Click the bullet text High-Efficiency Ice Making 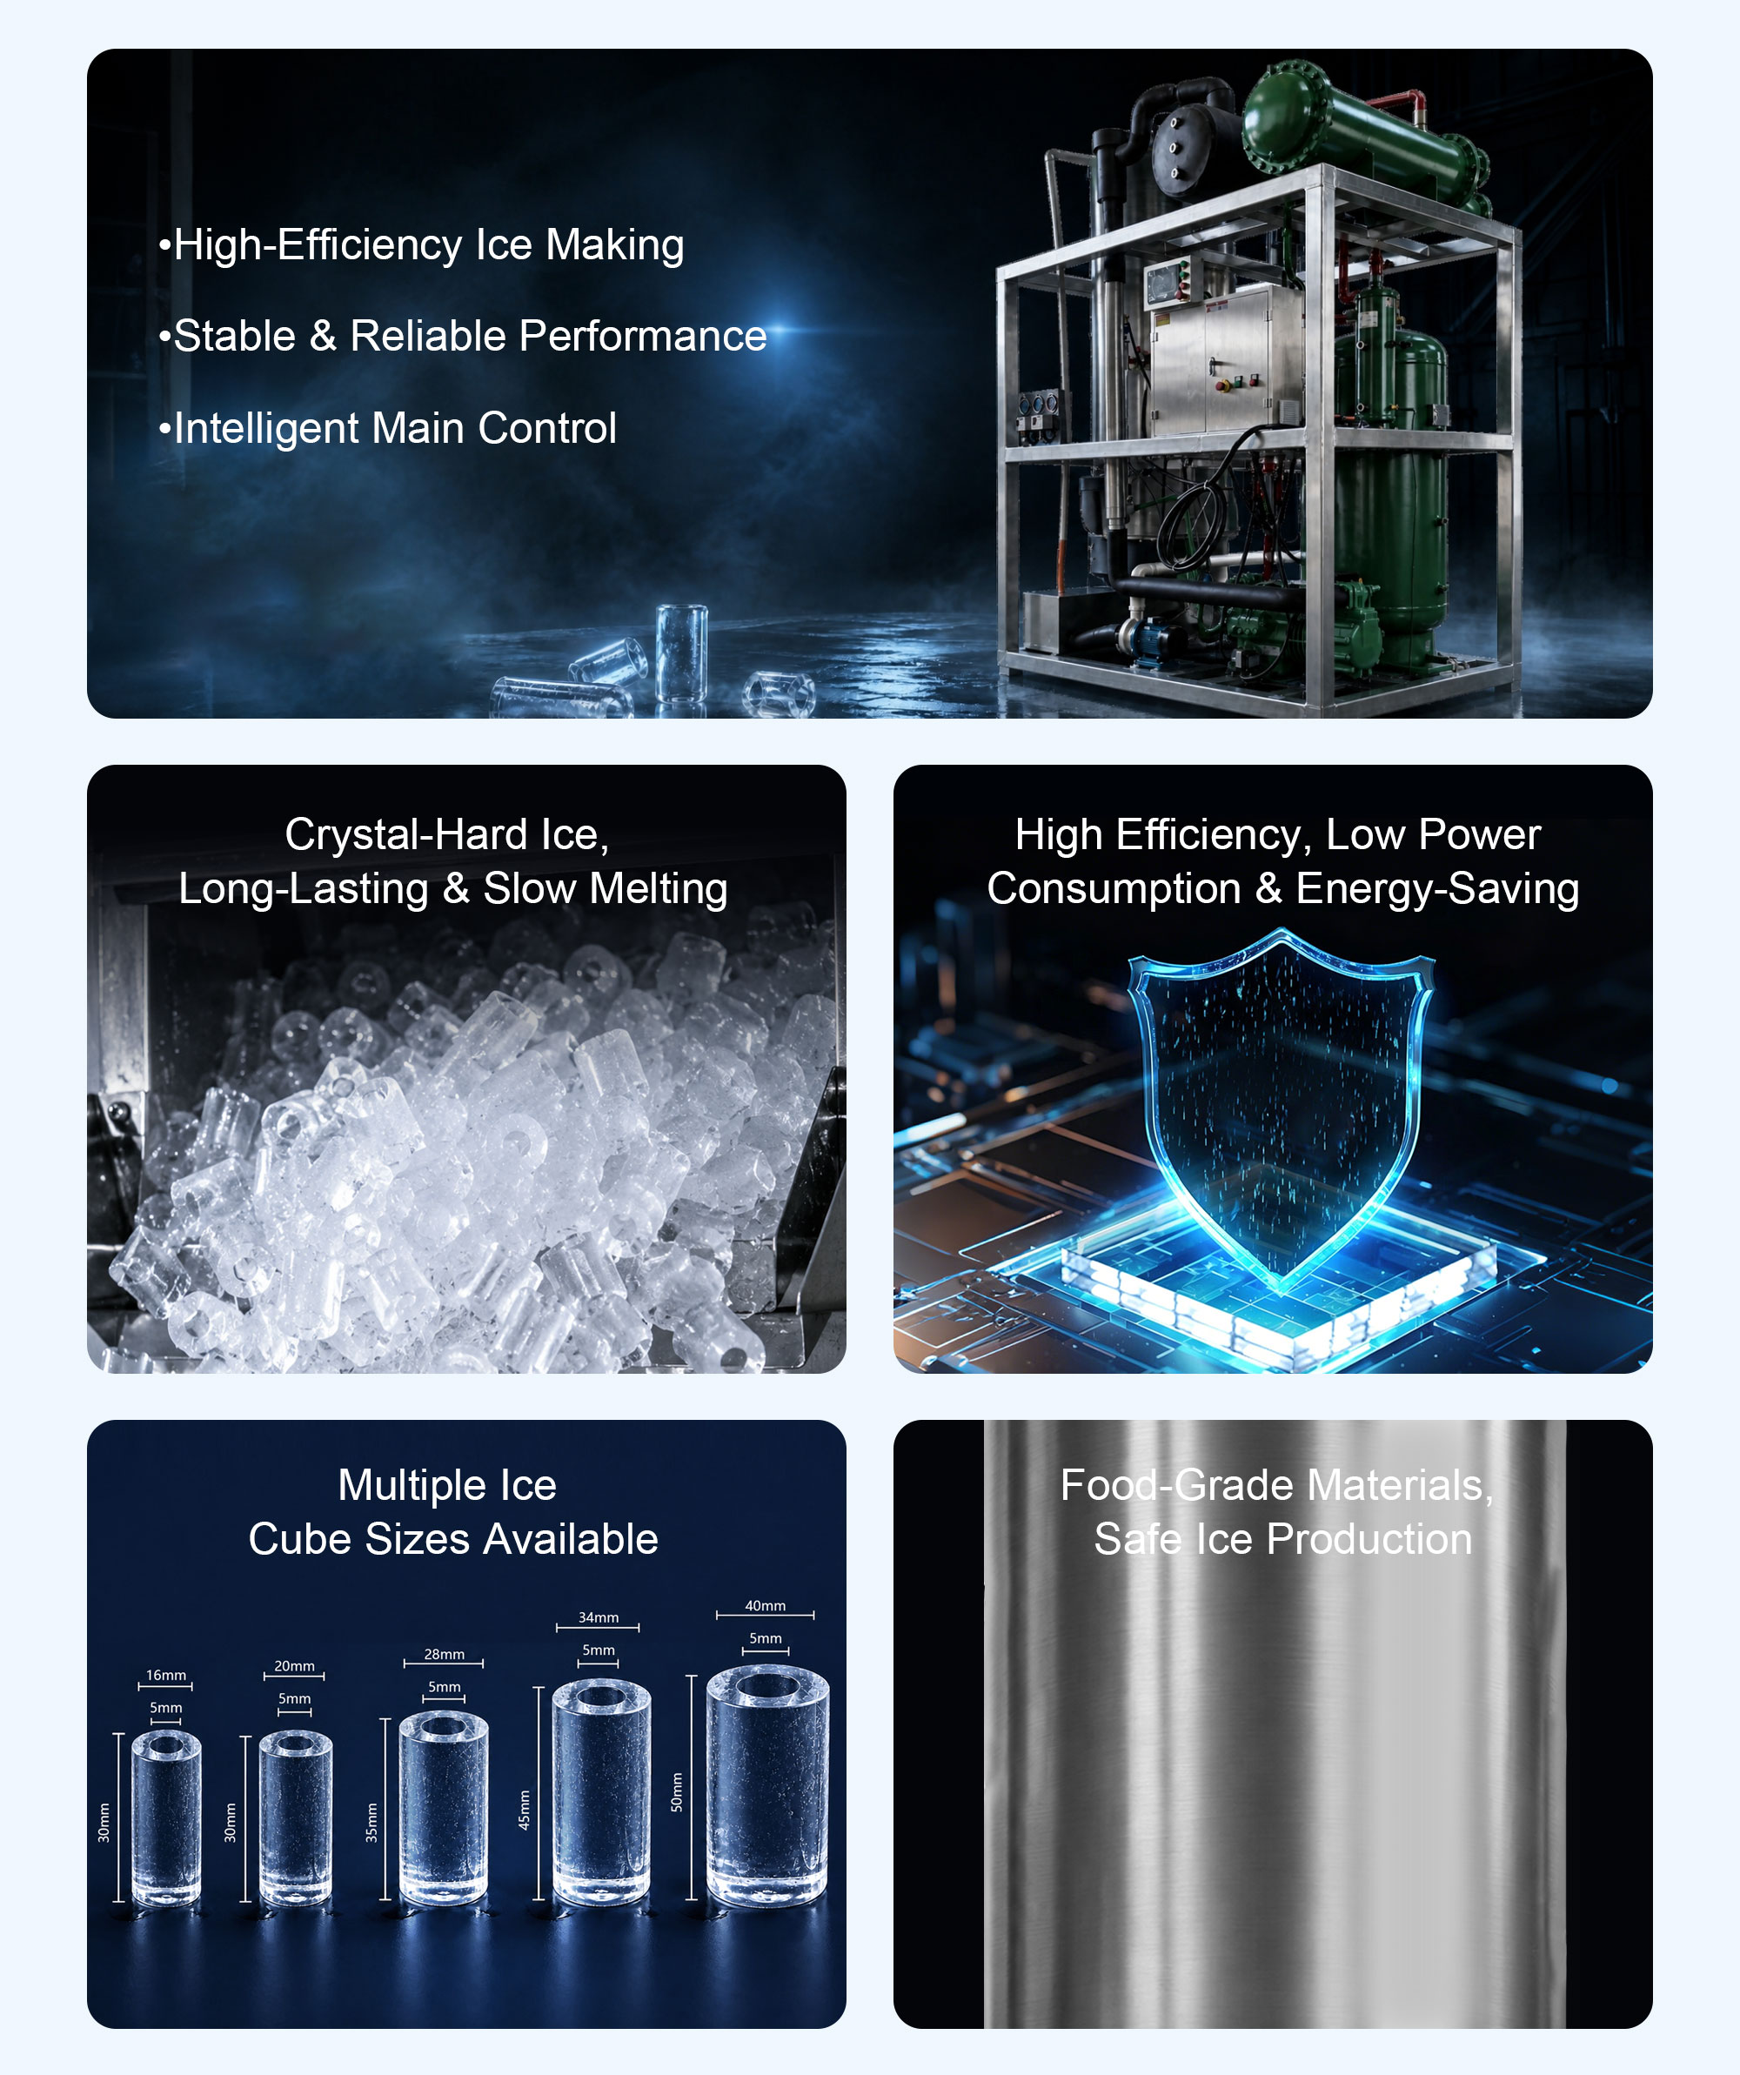click(421, 245)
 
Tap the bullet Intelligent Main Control click(387, 428)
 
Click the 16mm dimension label click(166, 1675)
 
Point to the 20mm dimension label click(294, 1666)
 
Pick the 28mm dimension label click(445, 1654)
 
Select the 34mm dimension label click(599, 1617)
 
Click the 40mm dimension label click(766, 1606)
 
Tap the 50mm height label click(677, 1791)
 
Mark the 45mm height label click(525, 1809)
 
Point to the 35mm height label click(371, 1822)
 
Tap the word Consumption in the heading click(1114, 889)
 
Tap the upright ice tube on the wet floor click(682, 653)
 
